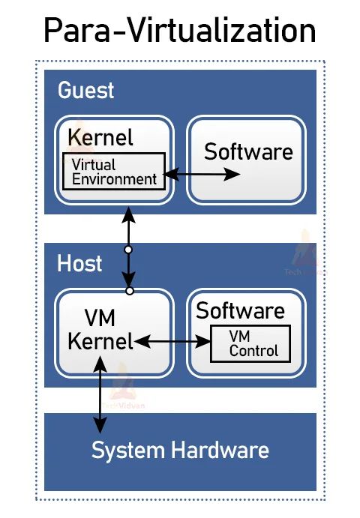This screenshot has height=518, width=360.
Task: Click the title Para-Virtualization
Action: point(179,31)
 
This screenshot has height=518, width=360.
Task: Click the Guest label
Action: point(86,91)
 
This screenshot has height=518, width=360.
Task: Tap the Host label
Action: point(79,263)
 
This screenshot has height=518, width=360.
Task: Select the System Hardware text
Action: point(180,451)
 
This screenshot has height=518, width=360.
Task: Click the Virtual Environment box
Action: point(114,171)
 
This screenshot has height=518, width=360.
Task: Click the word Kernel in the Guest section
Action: point(100,138)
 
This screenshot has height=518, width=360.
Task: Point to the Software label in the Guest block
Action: point(248,152)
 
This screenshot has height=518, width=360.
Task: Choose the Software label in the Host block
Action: point(240,311)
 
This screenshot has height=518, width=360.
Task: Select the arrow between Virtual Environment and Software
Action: point(202,175)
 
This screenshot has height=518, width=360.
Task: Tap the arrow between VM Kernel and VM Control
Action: point(172,342)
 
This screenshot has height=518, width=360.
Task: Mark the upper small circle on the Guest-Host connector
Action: point(128,249)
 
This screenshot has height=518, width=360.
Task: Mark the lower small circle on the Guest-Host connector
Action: point(129,290)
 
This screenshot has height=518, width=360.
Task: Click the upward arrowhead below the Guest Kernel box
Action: point(128,214)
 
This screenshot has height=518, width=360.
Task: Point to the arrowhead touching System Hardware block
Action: point(98,426)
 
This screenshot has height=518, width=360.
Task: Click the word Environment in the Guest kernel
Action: point(114,179)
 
